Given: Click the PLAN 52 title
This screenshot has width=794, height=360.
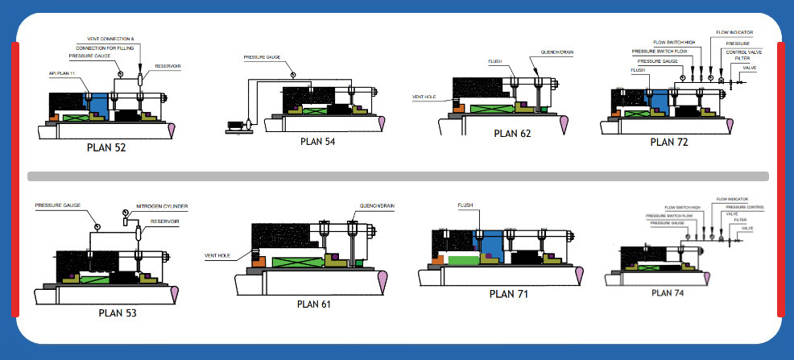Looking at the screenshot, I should click(106, 147).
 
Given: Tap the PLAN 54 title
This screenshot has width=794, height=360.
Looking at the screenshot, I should click(317, 142).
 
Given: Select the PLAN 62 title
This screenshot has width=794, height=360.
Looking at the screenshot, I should click(512, 134).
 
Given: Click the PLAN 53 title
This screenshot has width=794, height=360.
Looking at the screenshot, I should click(117, 312).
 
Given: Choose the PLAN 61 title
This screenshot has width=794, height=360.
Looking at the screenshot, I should click(314, 304).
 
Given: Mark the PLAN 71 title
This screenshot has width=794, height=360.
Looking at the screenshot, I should click(508, 294).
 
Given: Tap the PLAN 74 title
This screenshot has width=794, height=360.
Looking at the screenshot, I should click(668, 292).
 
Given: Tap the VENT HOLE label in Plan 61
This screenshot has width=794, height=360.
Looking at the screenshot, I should click(216, 254).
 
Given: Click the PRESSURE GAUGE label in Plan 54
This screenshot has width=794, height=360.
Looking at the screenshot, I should click(263, 57).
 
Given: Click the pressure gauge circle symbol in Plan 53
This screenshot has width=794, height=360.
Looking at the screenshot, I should click(96, 226).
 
